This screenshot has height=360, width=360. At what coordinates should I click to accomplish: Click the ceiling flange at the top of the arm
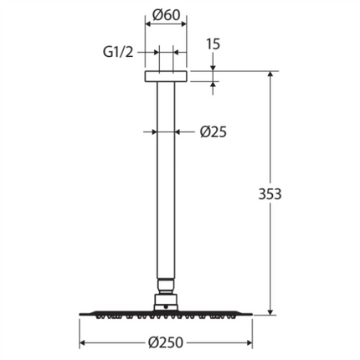(x=167, y=77)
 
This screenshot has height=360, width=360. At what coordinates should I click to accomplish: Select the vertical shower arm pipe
(x=167, y=184)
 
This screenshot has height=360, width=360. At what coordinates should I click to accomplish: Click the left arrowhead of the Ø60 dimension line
(x=150, y=27)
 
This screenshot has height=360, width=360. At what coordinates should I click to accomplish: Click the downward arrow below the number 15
(x=213, y=67)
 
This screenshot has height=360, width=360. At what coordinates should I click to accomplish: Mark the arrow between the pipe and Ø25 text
(x=181, y=131)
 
